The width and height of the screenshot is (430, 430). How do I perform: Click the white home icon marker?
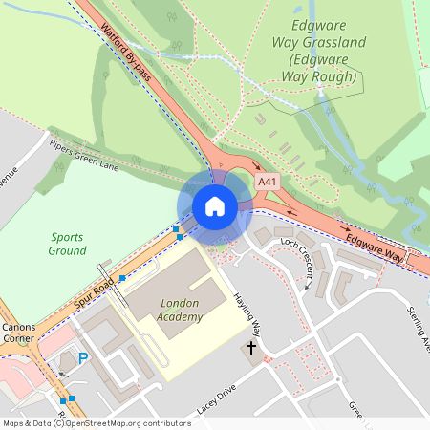215,206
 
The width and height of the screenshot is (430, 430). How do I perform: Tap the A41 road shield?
268,182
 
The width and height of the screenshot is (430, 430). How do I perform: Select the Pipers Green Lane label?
85,156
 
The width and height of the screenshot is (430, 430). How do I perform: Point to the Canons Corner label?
18,334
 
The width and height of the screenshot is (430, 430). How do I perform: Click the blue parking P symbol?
83,358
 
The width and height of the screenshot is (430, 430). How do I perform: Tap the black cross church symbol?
252,348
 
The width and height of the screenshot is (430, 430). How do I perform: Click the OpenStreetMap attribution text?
96,422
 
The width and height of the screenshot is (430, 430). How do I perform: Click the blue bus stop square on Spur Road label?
121,278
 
